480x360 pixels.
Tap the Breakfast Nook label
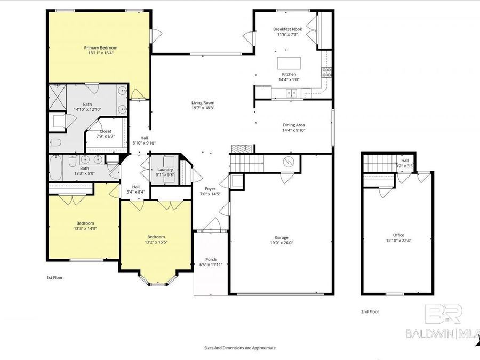287,29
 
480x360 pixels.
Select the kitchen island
289,62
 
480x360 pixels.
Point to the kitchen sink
291,93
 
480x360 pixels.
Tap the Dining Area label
293,125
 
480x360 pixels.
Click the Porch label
207,259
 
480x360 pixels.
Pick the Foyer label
210,189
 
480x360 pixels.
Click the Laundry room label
165,170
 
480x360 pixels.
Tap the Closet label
105,131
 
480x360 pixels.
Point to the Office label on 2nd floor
398,235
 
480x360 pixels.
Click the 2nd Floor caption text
370,311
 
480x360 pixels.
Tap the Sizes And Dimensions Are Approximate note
240,347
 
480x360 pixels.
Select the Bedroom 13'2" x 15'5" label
156,237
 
